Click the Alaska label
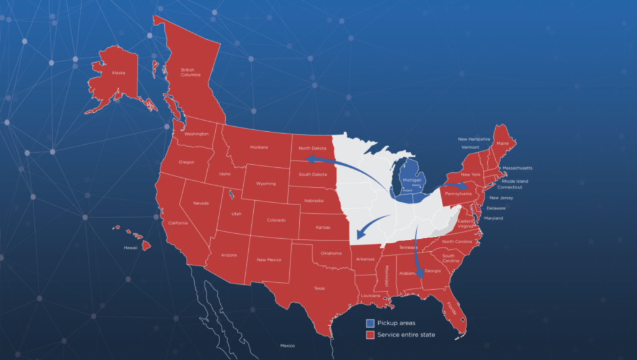[x=118, y=73]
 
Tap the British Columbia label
[x=190, y=72]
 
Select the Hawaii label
[x=131, y=247]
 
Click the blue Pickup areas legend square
[x=370, y=323]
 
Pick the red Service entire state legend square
[x=370, y=335]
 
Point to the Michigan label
[x=412, y=180]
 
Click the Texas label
[x=319, y=288]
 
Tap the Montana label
[x=259, y=147]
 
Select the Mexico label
[x=287, y=345]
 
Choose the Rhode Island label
[x=514, y=181]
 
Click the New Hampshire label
[x=475, y=139]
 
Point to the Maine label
[x=502, y=144]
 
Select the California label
[x=178, y=223]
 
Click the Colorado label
[x=276, y=220]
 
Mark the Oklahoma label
[x=331, y=253]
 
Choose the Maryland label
[x=493, y=218]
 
